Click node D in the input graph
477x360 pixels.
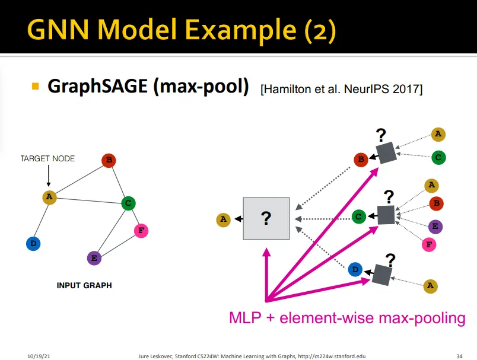tap(33, 243)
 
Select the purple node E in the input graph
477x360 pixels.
tap(94, 258)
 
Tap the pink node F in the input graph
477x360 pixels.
tap(141, 230)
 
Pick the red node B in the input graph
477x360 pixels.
tap(109, 160)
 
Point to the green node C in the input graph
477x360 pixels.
tap(128, 203)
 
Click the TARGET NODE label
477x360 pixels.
tap(47, 159)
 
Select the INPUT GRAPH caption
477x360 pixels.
tap(84, 286)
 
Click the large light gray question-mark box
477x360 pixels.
tap(266, 218)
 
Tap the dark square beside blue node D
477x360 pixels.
tap(383, 273)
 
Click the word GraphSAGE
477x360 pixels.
tap(97, 87)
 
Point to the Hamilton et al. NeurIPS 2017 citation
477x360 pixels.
tap(341, 90)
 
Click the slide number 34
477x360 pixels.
tap(459, 355)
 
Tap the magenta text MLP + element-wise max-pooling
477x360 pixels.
tap(347, 318)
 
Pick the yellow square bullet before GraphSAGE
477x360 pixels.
tap(35, 86)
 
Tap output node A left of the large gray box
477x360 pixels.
tap(223, 219)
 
